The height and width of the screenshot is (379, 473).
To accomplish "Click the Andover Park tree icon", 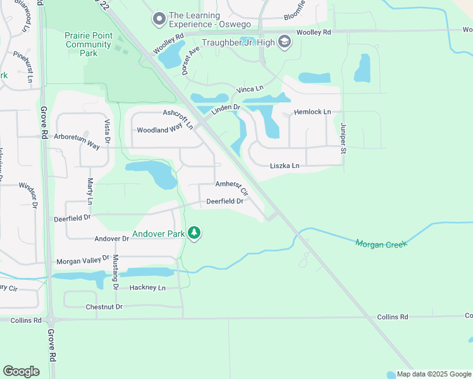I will pos(195,234).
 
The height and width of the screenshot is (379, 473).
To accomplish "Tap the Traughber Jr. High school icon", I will pos(285,42).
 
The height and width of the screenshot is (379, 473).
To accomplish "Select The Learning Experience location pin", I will pos(159,20).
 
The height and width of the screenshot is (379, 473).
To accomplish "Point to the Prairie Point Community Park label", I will pos(88,45).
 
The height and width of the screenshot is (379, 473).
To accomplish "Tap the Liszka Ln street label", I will pos(285,165).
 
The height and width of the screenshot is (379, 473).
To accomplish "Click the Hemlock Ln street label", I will pos(312,112).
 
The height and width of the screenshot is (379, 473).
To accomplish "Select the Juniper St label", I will pos(344,138).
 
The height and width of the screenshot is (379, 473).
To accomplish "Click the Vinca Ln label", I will pos(250,89).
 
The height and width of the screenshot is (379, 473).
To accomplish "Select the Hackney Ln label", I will pos(147,287).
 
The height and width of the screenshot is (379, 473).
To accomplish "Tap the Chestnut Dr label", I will pos(104,307).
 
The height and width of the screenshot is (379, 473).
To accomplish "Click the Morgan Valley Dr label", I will pos(83,261).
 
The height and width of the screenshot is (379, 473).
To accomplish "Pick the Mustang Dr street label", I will pos(115,272).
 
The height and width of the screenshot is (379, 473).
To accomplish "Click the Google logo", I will pos(21,371).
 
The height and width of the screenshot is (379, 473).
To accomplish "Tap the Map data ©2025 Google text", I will pos(434,375).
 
